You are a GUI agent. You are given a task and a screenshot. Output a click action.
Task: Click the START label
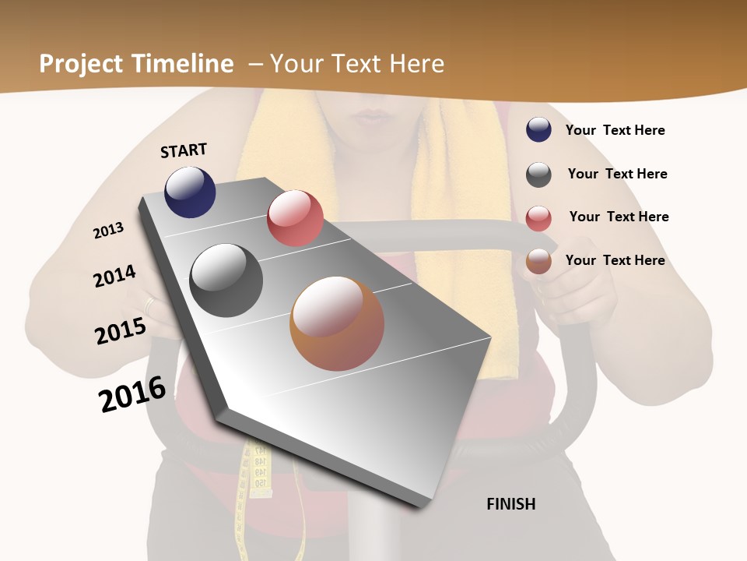pyautogui.click(x=184, y=150)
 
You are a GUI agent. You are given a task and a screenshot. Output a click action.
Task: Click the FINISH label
pyautogui.click(x=510, y=504)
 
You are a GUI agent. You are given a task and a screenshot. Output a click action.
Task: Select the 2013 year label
pyautogui.click(x=108, y=231)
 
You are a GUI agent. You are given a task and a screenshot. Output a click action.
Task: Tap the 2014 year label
pyautogui.click(x=114, y=276)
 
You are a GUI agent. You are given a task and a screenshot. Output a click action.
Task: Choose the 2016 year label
pyautogui.click(x=132, y=393)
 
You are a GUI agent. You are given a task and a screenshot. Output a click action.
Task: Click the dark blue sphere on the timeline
pyautogui.click(x=190, y=192)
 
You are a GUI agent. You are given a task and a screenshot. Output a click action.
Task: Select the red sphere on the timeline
pyautogui.click(x=295, y=218)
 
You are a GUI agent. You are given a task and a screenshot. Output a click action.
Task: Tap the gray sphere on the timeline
pyautogui.click(x=226, y=280)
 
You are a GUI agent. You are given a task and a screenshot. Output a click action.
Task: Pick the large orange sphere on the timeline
pyautogui.click(x=337, y=323)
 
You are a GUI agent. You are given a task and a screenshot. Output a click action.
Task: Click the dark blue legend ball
pyautogui.click(x=538, y=129)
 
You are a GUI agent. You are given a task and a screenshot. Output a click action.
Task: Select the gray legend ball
pyautogui.click(x=538, y=175)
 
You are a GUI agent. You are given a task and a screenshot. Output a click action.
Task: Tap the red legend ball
pyautogui.click(x=538, y=218)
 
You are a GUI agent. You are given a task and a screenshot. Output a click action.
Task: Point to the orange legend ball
pyautogui.click(x=538, y=261)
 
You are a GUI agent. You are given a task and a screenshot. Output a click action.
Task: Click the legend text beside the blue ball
pyautogui.click(x=615, y=130)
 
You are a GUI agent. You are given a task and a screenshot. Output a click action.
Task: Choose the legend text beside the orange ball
pyautogui.click(x=615, y=260)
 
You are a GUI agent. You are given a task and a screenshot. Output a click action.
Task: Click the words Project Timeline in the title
pyautogui.click(x=136, y=64)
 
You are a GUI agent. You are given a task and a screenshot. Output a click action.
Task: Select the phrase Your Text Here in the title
pyautogui.click(x=357, y=64)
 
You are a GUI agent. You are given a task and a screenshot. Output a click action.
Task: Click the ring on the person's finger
pyautogui.click(x=149, y=304)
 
